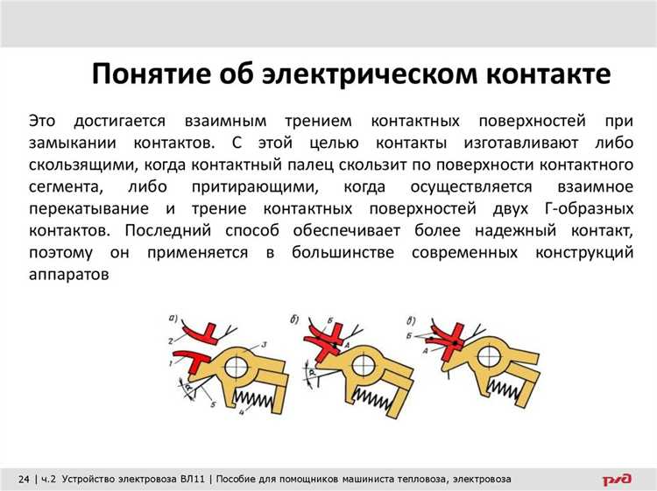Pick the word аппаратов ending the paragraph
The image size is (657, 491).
(68, 275)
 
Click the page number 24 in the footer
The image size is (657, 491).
(22, 479)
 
